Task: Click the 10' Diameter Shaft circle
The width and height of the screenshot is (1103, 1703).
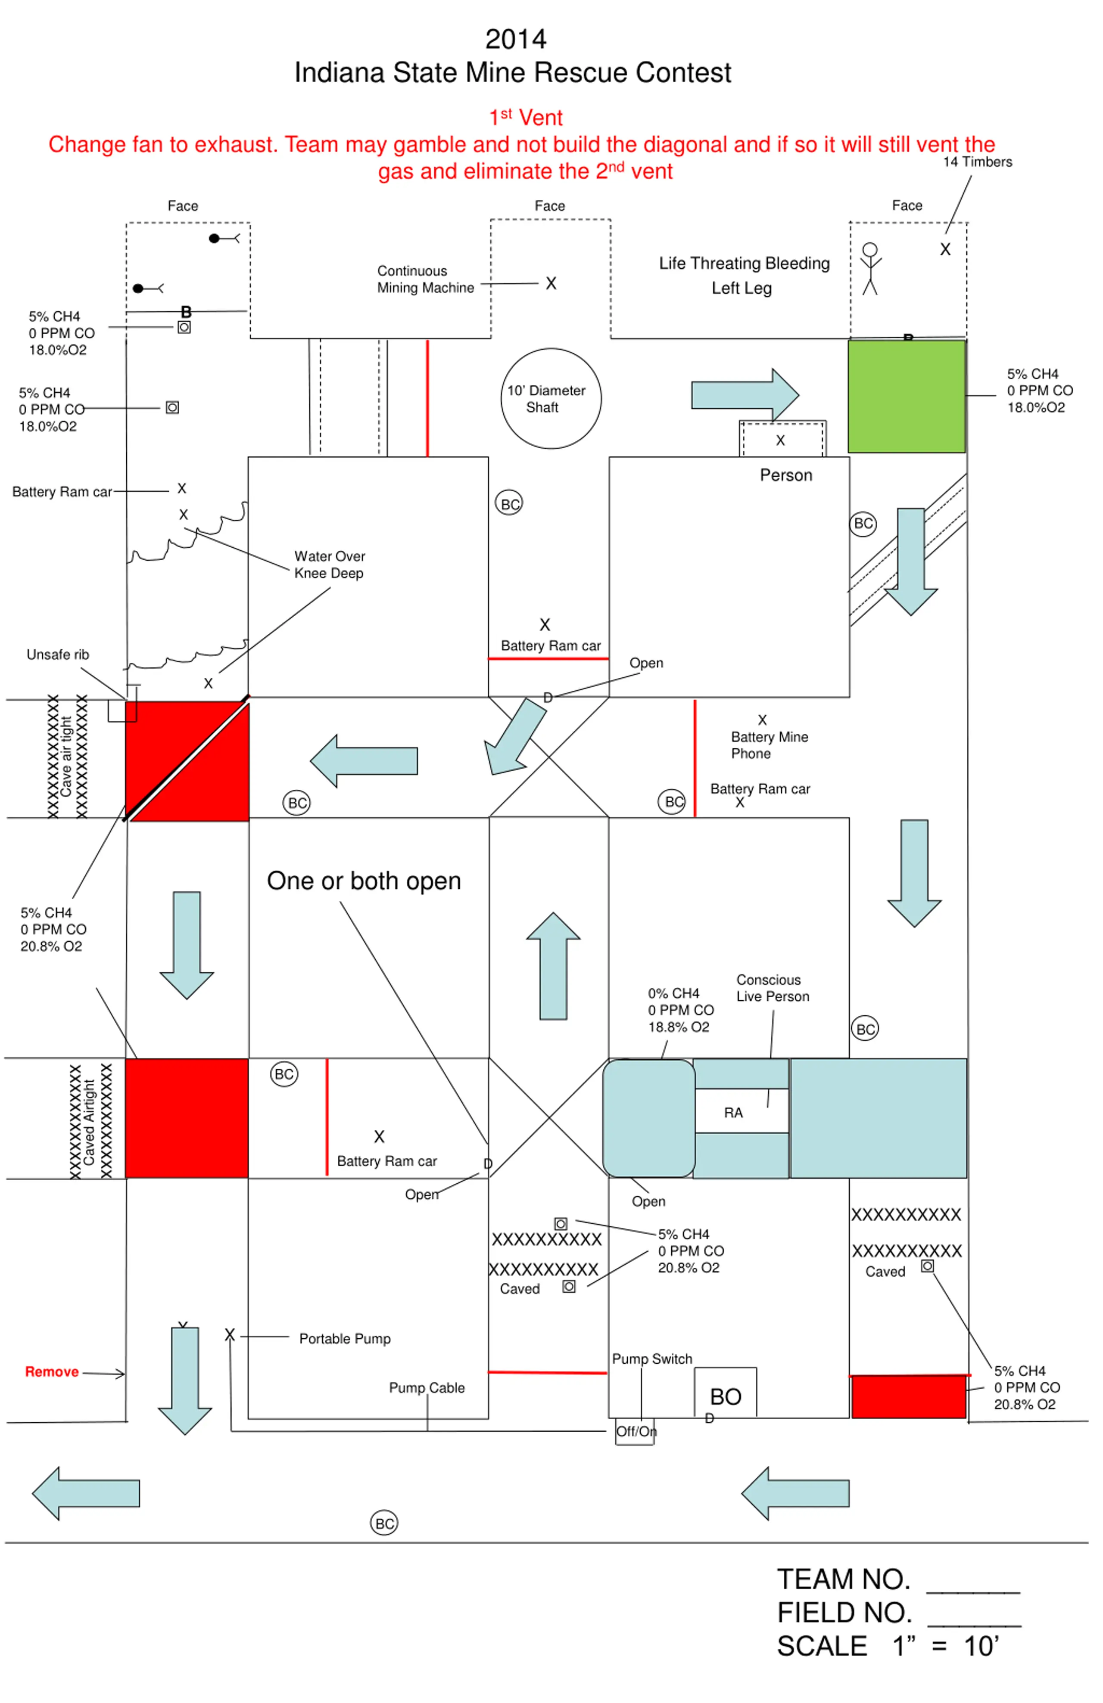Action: tap(551, 399)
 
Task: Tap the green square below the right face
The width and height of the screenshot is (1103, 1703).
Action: tap(906, 396)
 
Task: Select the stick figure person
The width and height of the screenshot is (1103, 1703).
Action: tap(869, 268)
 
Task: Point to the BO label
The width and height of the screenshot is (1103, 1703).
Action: tap(725, 1396)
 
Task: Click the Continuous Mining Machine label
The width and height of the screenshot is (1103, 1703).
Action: tap(425, 279)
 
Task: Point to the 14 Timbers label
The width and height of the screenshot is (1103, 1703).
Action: tap(977, 162)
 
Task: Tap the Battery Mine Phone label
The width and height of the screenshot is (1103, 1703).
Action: tap(770, 745)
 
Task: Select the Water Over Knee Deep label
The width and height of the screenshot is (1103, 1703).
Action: tap(329, 565)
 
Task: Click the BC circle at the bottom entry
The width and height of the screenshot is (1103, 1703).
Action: tap(384, 1523)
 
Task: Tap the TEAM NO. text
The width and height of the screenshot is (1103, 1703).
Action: tap(843, 1579)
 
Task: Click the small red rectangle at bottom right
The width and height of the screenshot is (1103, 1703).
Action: tap(908, 1396)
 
